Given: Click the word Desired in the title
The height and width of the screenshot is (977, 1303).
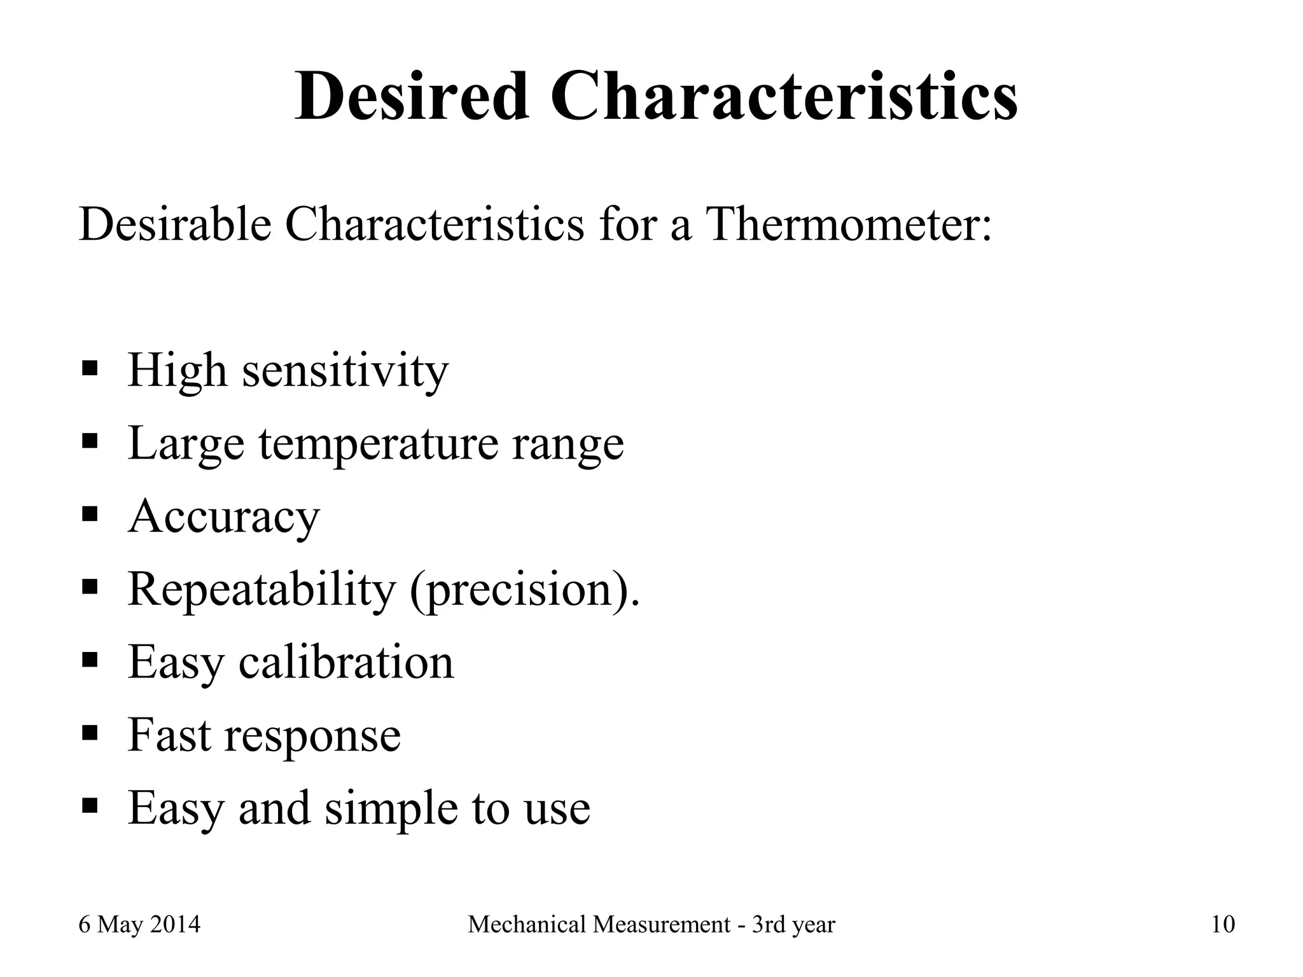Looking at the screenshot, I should pyautogui.click(x=412, y=97).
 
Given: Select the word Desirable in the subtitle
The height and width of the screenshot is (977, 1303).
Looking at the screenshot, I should pyautogui.click(x=175, y=224).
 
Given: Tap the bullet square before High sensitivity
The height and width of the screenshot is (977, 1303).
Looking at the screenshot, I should pyautogui.click(x=90, y=368).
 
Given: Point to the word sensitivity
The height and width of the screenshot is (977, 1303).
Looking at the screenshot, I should pyautogui.click(x=345, y=370).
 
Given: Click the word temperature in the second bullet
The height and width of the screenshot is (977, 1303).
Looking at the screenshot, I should pyautogui.click(x=379, y=444).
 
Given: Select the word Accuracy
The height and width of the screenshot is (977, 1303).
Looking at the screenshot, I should pyautogui.click(x=224, y=516).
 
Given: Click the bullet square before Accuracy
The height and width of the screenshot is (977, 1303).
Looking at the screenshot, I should pyautogui.click(x=90, y=513).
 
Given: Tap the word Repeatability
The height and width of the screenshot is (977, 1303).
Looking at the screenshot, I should pyautogui.click(x=261, y=590).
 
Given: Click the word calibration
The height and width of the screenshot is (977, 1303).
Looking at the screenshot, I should pyautogui.click(x=346, y=662).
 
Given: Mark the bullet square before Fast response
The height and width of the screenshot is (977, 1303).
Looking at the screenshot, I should pyautogui.click(x=90, y=732).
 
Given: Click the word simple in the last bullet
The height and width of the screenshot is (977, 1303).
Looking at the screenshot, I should pyautogui.click(x=391, y=808).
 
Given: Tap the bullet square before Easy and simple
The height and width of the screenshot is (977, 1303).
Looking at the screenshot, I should pyautogui.click(x=90, y=805).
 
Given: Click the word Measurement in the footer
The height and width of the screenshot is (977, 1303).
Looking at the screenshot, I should pyautogui.click(x=662, y=924).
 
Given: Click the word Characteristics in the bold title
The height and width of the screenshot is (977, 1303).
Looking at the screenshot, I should pyautogui.click(x=784, y=97).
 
